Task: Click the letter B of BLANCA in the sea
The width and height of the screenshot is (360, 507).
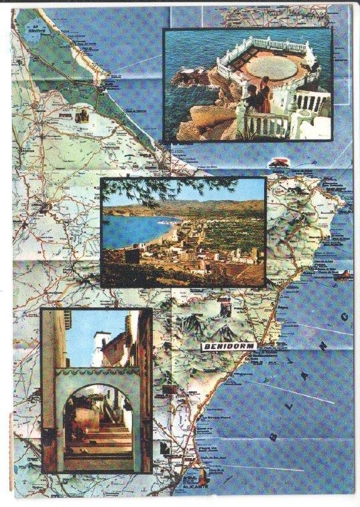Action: pyautogui.click(x=272, y=436)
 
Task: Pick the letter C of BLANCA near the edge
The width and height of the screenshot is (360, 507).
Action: pyautogui.click(x=346, y=314)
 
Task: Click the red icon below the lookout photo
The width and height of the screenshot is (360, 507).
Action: pyautogui.click(x=276, y=162)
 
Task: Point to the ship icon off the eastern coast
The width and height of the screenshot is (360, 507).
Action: pyautogui.click(x=344, y=274)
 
